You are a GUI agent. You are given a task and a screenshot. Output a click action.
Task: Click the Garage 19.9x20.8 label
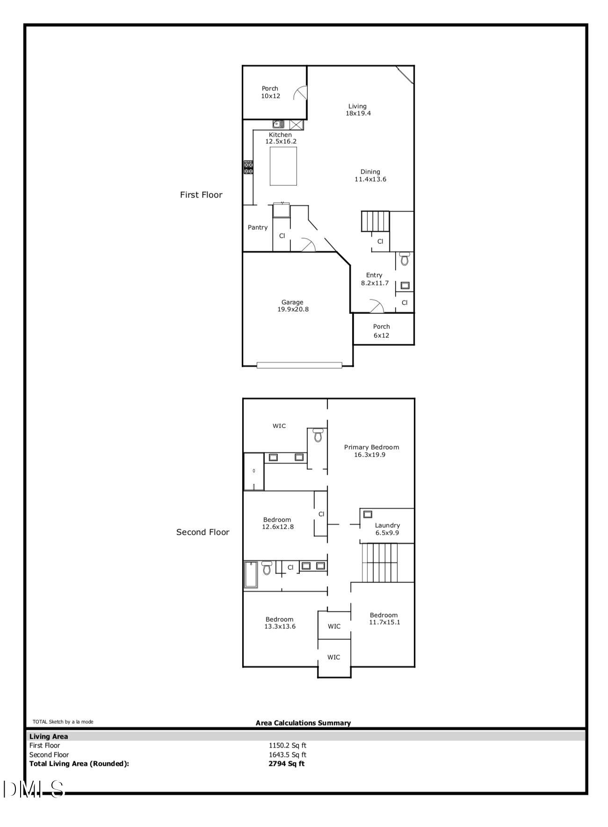pyautogui.click(x=292, y=306)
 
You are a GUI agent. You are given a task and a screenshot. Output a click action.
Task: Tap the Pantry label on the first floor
pyautogui.click(x=258, y=228)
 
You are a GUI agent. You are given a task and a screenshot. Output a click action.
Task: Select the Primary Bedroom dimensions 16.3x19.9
pyautogui.click(x=370, y=455)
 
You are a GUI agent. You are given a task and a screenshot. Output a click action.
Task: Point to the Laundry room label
pyautogui.click(x=387, y=529)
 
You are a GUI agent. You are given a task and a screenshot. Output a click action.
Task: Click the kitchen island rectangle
pyautogui.click(x=283, y=166)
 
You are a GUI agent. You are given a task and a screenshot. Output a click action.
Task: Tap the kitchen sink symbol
pyautogui.click(x=279, y=124)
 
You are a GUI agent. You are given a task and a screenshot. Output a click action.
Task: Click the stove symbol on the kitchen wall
pyautogui.click(x=248, y=167)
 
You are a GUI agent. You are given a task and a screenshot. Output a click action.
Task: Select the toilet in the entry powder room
pyautogui.click(x=405, y=259)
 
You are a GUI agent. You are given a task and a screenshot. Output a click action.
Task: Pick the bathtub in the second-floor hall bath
pyautogui.click(x=251, y=574)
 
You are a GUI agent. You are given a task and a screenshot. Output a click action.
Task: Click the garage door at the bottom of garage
pyautogui.click(x=299, y=365)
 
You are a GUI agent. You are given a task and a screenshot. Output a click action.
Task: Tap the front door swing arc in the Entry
pyautogui.click(x=376, y=306)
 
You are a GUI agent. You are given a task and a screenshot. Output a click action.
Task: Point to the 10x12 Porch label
pyautogui.click(x=270, y=92)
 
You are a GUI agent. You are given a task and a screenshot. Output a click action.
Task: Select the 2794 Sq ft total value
pyautogui.click(x=286, y=763)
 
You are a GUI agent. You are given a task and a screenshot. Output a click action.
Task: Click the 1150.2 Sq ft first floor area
pyautogui.click(x=287, y=746)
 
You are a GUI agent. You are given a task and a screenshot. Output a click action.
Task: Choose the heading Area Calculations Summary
pyautogui.click(x=303, y=723)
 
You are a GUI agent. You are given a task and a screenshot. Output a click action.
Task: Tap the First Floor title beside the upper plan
pyautogui.click(x=201, y=195)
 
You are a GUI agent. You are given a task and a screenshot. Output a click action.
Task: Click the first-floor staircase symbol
pyautogui.click(x=375, y=221)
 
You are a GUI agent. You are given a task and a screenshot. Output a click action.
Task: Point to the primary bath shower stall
pyautogui.click(x=254, y=471)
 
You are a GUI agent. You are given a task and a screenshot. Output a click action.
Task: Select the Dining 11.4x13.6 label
pyautogui.click(x=370, y=175)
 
